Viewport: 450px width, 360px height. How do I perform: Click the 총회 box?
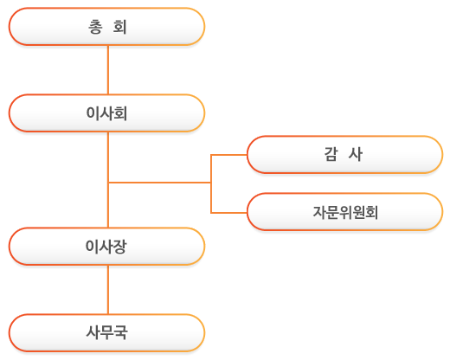point(106,27)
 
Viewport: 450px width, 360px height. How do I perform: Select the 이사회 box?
point(106,113)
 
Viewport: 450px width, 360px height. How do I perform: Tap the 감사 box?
point(344,155)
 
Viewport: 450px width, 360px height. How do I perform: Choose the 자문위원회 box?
point(344,212)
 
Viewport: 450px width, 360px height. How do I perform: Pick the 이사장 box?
point(106,247)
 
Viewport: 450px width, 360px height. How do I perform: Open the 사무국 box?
point(106,333)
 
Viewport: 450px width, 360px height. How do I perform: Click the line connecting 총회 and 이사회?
point(108,70)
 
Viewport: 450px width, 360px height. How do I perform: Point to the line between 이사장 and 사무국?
point(108,290)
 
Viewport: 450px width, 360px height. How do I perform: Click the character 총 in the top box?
point(95,27)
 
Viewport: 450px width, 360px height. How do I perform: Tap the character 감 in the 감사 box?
point(331,154)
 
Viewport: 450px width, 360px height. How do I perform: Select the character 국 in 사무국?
point(120,332)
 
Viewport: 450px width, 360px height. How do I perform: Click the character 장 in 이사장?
point(119,247)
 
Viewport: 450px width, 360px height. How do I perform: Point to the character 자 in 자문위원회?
point(319,212)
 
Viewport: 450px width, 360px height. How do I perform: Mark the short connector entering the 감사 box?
point(229,155)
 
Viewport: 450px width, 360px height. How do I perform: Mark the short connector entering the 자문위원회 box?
point(229,213)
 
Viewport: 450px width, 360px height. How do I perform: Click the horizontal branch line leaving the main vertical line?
point(159,183)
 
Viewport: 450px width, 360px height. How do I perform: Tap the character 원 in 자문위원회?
point(358,212)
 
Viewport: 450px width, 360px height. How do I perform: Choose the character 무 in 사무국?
point(106,332)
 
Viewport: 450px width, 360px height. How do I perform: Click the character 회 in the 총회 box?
point(119,27)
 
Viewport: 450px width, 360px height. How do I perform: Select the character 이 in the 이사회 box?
point(93,113)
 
